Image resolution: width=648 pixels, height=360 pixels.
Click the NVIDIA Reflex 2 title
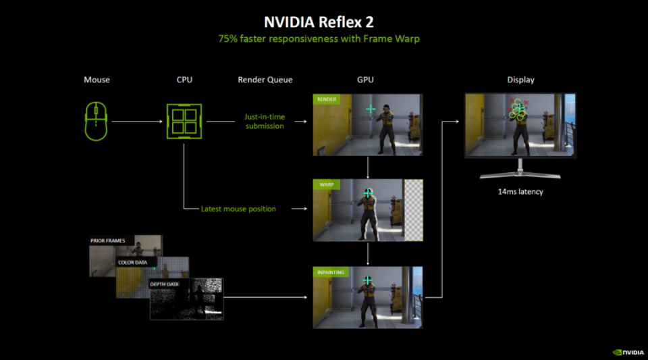[319, 22]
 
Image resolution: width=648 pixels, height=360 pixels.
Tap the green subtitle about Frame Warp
[319, 39]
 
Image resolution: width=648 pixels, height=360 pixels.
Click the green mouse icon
[96, 122]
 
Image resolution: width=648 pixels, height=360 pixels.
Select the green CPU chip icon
[184, 121]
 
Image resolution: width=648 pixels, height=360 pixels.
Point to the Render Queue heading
[265, 80]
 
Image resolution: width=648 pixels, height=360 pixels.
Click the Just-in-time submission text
[265, 122]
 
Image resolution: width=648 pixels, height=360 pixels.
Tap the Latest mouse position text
[238, 209]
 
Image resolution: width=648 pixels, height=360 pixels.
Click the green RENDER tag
[327, 99]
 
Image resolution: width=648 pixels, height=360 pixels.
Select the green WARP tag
[327, 184]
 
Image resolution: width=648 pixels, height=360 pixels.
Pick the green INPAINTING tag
[331, 272]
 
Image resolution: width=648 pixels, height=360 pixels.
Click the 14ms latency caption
[520, 192]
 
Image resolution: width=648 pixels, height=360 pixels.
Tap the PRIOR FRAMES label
[108, 240]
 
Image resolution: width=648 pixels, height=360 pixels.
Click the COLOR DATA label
[133, 263]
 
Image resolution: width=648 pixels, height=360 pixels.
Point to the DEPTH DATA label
[165, 284]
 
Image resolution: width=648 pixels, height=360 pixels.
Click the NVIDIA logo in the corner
[628, 353]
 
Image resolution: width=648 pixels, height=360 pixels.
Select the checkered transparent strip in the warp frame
[413, 210]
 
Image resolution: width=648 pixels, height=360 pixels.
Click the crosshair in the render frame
[371, 109]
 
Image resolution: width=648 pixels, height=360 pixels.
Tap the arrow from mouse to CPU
[137, 122]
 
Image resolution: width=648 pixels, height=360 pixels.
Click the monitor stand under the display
[520, 169]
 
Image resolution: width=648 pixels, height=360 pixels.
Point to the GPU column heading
[365, 80]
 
